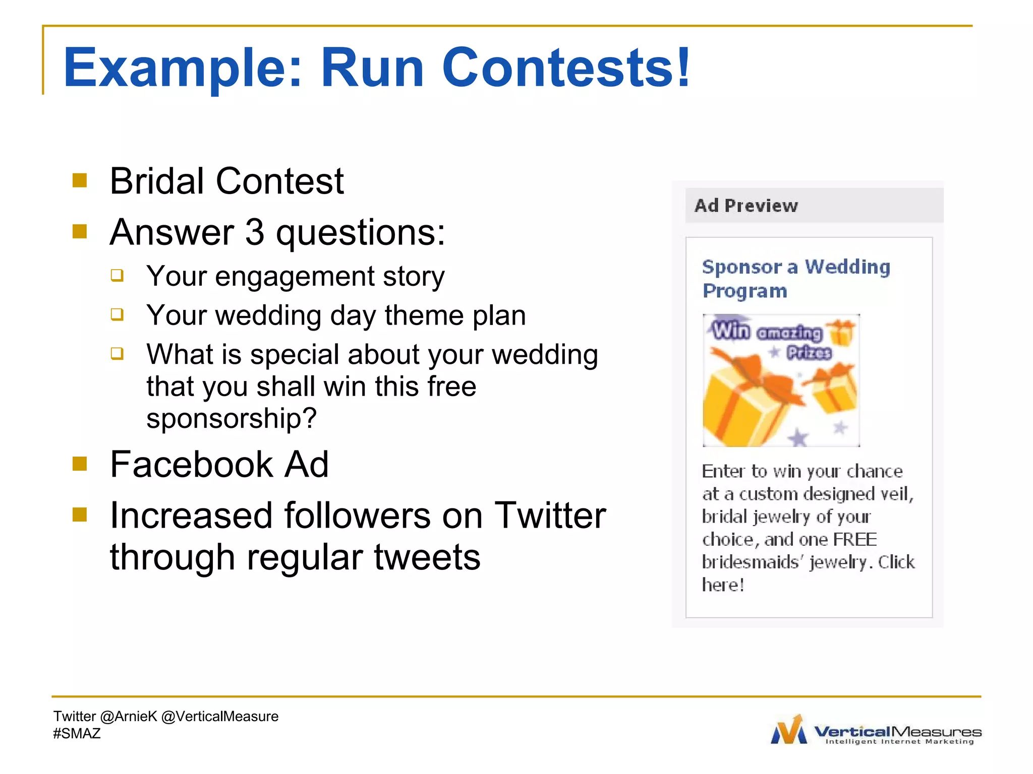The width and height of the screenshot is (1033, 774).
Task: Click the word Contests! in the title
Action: (566, 68)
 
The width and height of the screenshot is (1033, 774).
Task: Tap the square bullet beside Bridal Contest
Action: (80, 180)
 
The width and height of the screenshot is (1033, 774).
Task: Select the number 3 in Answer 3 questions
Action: (255, 232)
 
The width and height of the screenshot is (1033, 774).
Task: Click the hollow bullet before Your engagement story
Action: (117, 275)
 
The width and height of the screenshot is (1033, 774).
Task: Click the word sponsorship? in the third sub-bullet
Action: (232, 418)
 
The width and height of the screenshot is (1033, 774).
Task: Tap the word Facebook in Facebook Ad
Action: (191, 464)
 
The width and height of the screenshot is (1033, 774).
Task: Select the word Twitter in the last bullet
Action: (550, 515)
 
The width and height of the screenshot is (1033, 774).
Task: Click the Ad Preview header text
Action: (746, 206)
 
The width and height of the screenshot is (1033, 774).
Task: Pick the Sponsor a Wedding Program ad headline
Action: (795, 278)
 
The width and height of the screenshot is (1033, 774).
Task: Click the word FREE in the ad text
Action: (855, 539)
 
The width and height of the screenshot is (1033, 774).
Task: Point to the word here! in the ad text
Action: (723, 585)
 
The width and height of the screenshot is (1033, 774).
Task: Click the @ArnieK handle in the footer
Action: (129, 717)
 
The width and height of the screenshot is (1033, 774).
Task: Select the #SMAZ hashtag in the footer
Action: (77, 734)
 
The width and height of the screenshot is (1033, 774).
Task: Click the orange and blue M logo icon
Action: (789, 730)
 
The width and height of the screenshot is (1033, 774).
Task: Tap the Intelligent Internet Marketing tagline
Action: (899, 742)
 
